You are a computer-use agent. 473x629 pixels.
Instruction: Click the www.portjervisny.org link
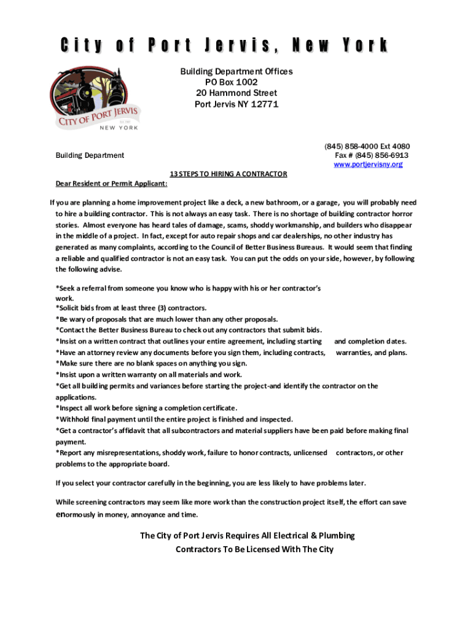tap(368, 165)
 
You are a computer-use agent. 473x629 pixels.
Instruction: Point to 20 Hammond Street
tap(237, 93)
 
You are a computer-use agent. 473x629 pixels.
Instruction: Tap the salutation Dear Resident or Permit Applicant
tap(111, 183)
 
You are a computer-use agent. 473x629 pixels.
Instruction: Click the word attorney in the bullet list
tap(99, 353)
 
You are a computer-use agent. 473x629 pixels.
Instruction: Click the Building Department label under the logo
tap(90, 155)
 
